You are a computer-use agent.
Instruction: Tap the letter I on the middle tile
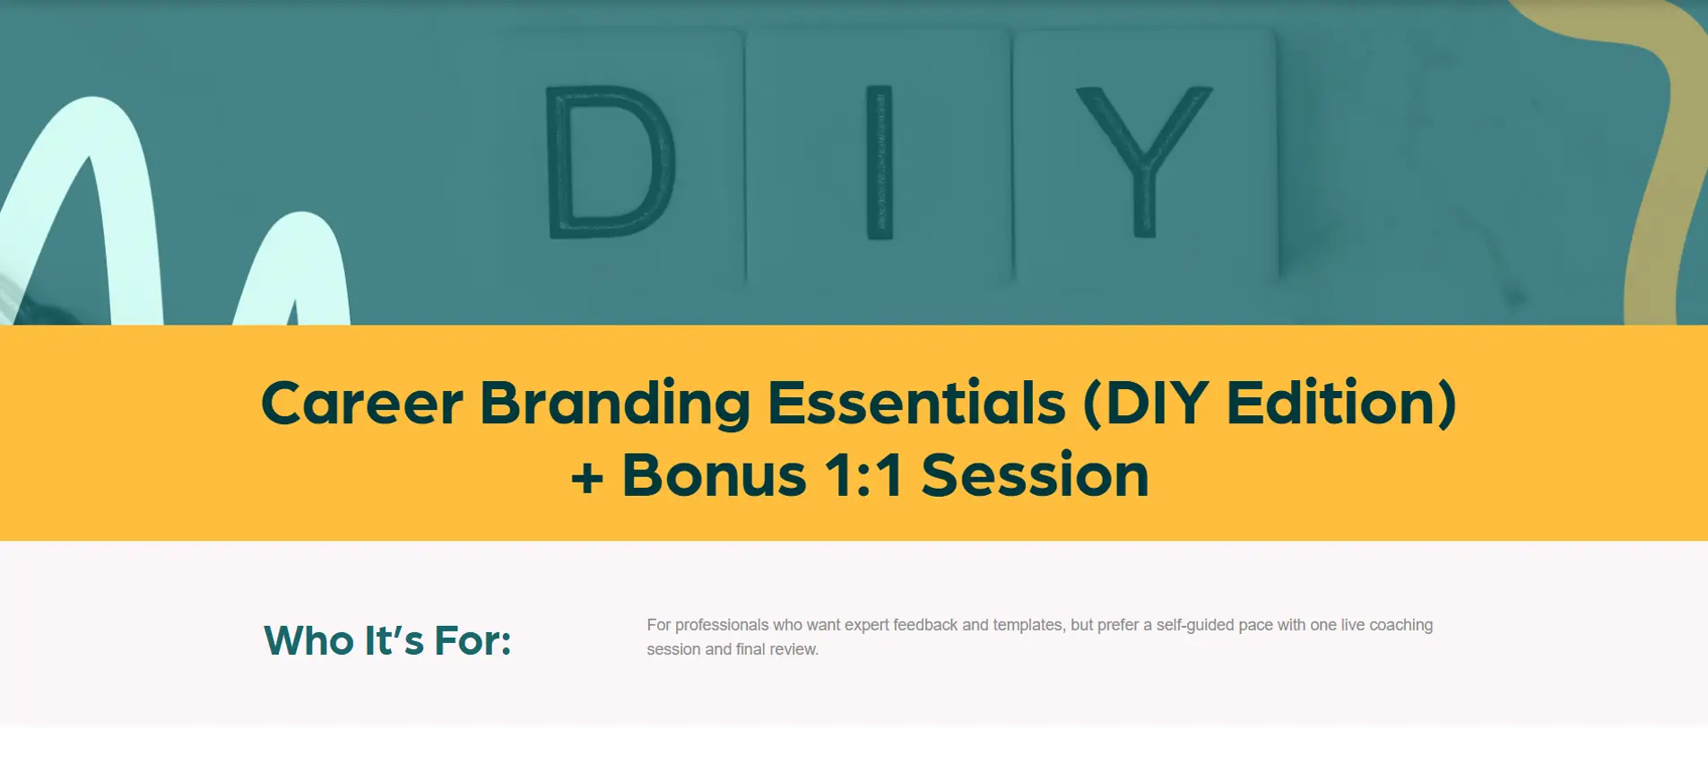(879, 162)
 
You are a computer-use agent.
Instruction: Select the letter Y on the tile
(1144, 161)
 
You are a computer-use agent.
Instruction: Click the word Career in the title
(362, 403)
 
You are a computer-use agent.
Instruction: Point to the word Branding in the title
(615, 404)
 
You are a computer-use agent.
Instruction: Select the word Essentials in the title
(916, 403)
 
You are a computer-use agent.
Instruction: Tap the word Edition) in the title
(1341, 404)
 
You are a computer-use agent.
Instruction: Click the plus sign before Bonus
(587, 477)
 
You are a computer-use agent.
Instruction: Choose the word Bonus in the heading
(715, 474)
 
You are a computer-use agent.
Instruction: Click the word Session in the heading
(1035, 474)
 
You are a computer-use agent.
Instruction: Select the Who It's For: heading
(387, 640)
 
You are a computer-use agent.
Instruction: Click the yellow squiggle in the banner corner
(1659, 152)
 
